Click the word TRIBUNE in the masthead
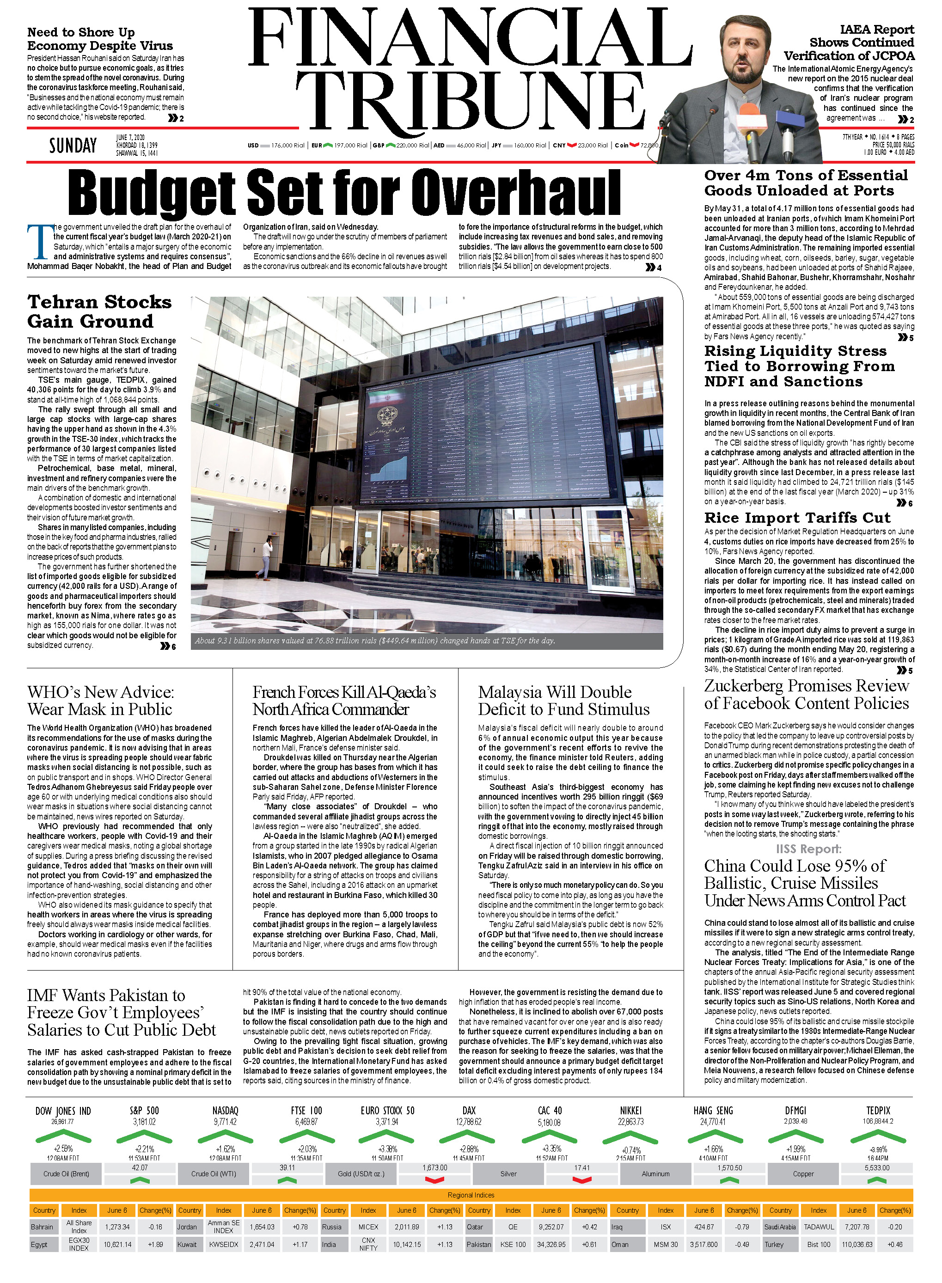pyautogui.click(x=471, y=98)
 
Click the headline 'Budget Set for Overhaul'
pyautogui.click(x=344, y=193)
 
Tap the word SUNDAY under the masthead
pyautogui.click(x=73, y=146)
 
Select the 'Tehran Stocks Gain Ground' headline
pyautogui.click(x=99, y=312)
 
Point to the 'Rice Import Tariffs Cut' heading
pyautogui.click(x=796, y=518)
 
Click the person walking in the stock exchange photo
pyautogui.click(x=266, y=559)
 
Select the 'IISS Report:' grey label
pyautogui.click(x=808, y=849)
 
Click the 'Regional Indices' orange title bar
pyautogui.click(x=471, y=1195)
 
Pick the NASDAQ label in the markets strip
pyautogui.click(x=225, y=1111)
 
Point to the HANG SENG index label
pyautogui.click(x=713, y=1111)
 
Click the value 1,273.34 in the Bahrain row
pyautogui.click(x=117, y=1227)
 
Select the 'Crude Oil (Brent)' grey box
pyautogui.click(x=66, y=1173)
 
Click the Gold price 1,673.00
pyautogui.click(x=434, y=1167)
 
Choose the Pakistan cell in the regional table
pyautogui.click(x=478, y=1244)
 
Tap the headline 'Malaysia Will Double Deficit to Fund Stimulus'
pyautogui.click(x=563, y=700)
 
